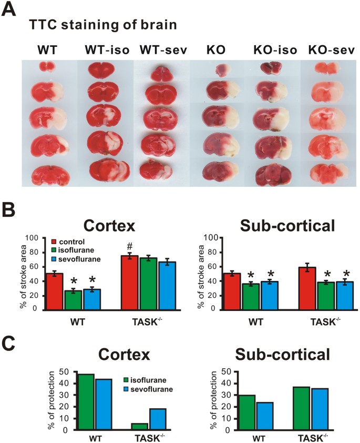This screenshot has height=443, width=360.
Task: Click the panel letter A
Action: pyautogui.click(x=8, y=11)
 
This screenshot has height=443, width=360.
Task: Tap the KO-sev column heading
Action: pyautogui.click(x=322, y=51)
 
